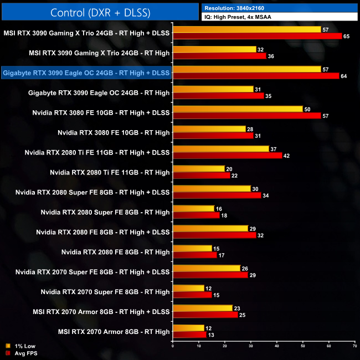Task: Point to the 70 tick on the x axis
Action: (354, 346)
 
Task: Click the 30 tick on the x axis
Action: (251, 346)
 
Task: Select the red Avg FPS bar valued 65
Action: (258, 36)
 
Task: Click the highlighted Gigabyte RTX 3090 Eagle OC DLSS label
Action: (86, 73)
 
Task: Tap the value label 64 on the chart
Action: (344, 76)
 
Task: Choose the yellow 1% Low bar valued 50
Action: (238, 109)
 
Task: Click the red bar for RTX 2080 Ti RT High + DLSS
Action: (228, 156)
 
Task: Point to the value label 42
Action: (287, 156)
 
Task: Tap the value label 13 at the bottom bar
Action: (211, 335)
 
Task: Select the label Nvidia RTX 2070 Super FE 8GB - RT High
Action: (105, 292)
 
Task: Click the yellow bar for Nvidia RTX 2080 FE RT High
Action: (193, 249)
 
